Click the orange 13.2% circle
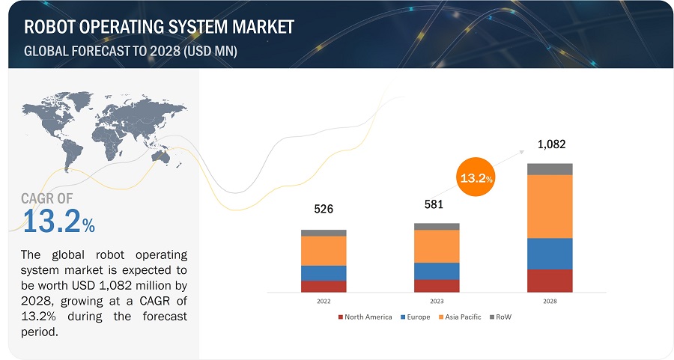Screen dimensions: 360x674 (x=476, y=178)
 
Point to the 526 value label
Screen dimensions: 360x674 (x=324, y=209)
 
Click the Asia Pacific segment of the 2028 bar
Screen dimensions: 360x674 (x=550, y=207)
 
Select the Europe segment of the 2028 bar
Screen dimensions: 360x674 (x=550, y=254)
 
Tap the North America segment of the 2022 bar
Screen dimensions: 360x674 (x=324, y=286)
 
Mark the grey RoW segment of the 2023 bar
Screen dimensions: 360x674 (x=437, y=226)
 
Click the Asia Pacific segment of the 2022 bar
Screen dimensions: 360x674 (x=324, y=251)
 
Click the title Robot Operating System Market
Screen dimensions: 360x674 (x=159, y=28)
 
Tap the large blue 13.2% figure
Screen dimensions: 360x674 (x=58, y=222)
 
